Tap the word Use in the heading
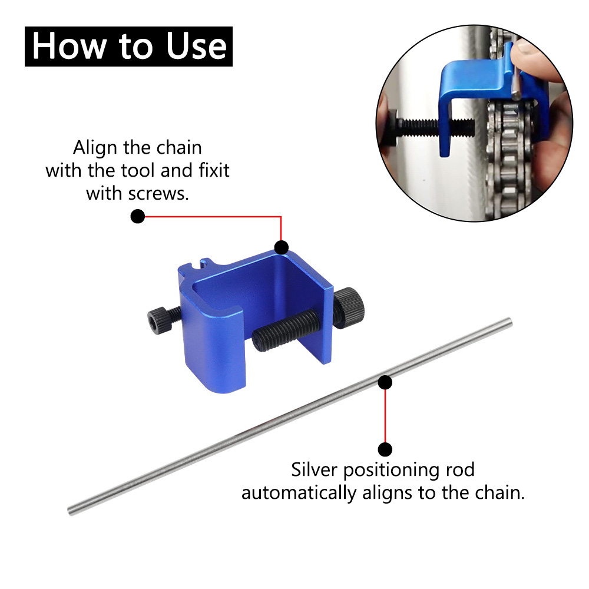pyautogui.click(x=197, y=46)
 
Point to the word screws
pyautogui.click(x=161, y=194)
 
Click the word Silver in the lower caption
pyautogui.click(x=315, y=470)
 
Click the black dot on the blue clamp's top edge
pyautogui.click(x=282, y=247)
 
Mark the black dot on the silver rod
pyautogui.click(x=385, y=383)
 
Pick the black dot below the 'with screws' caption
pyautogui.click(x=138, y=217)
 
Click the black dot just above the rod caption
pyautogui.click(x=385, y=449)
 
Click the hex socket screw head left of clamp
pyautogui.click(x=158, y=322)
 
